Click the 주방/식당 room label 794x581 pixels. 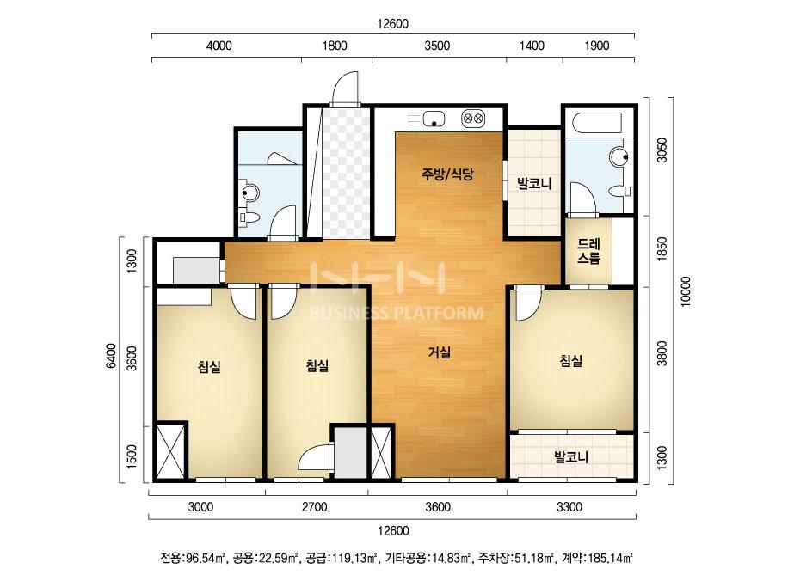447,174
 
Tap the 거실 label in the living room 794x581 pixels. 439,352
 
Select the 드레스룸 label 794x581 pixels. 588,251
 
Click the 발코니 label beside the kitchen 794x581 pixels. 533,183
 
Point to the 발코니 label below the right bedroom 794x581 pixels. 571,457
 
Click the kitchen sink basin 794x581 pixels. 434,119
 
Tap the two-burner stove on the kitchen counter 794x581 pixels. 473,119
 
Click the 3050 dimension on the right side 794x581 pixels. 662,150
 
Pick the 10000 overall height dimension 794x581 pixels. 685,291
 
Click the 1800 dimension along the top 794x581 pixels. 335,46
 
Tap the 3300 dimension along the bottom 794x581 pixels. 569,507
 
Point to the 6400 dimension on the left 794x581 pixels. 112,357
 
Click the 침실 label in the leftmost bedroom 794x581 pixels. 209,366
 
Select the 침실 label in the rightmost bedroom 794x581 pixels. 570,360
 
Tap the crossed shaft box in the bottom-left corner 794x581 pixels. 170,452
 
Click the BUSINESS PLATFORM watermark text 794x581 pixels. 396,313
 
